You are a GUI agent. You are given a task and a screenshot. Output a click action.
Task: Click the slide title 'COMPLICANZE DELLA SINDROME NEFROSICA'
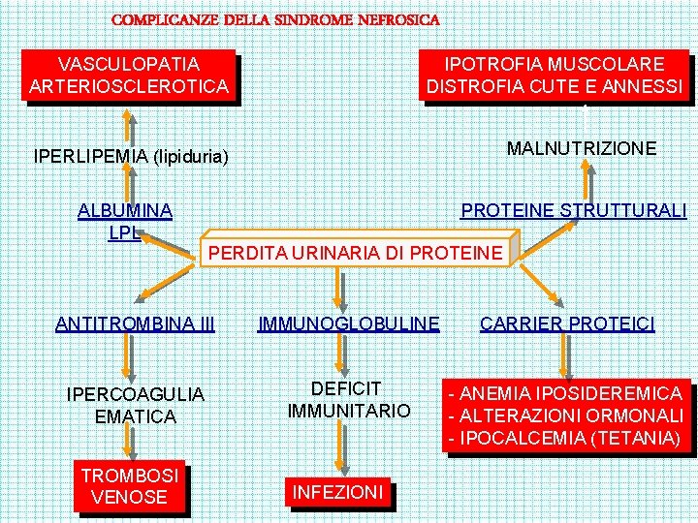pos(275,19)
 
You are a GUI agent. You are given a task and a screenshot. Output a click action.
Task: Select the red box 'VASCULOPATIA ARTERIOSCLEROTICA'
pos(129,76)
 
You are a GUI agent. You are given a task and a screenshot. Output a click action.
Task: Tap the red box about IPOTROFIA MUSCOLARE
pos(555,76)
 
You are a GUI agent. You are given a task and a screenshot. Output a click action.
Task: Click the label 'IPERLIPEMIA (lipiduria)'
pos(131,155)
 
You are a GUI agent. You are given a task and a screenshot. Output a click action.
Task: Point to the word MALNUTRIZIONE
pos(582,148)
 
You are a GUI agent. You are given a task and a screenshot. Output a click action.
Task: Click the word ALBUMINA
pos(125,210)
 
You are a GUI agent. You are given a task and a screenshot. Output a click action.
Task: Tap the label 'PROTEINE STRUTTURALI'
pos(573,210)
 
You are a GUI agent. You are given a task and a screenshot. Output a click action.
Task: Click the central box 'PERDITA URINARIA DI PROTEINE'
pos(356,254)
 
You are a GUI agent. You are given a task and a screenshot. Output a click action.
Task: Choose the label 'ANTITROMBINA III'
pos(135,323)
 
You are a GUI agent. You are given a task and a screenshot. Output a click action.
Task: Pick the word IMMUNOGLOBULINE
pos(348,323)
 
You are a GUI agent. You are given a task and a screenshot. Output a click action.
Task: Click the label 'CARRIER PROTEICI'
pos(567,323)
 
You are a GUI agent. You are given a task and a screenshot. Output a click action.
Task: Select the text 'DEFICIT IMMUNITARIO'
pos(348,399)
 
